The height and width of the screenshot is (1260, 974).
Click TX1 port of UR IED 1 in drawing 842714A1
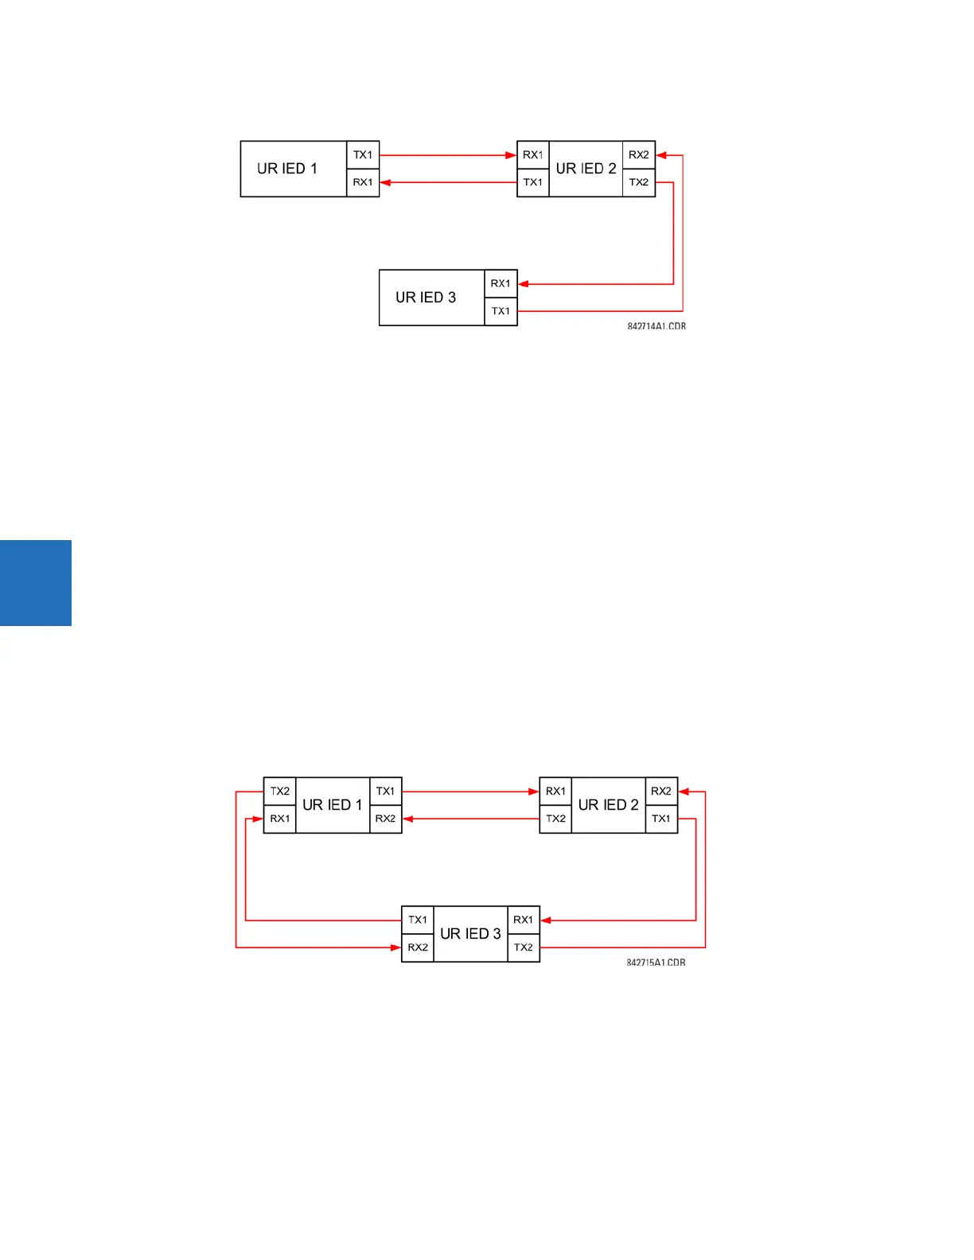[x=363, y=155]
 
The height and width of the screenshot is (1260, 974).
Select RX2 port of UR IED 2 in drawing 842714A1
[x=638, y=155]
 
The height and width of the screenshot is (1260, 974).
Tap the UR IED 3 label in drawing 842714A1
[x=426, y=297]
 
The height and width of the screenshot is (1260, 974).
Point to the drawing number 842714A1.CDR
[x=656, y=326]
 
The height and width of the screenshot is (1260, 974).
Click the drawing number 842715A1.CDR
[x=656, y=962]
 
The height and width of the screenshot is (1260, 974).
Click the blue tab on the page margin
[x=36, y=583]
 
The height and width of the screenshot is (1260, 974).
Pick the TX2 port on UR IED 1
[x=280, y=791]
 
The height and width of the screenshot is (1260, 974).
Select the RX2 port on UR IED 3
[x=418, y=947]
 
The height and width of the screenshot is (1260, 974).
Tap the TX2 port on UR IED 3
[x=523, y=947]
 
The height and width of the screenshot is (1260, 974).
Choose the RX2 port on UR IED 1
[x=385, y=819]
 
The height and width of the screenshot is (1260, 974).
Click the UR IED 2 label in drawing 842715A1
[x=608, y=805]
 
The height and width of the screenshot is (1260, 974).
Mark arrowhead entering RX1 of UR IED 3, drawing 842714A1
[x=524, y=284]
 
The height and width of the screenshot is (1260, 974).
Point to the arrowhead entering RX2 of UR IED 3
[x=395, y=947]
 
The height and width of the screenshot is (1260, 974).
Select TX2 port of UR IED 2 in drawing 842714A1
[x=638, y=182]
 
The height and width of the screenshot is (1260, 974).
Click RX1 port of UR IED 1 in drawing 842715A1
[x=280, y=819]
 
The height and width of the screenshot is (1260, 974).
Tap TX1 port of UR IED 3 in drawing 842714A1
[x=501, y=311]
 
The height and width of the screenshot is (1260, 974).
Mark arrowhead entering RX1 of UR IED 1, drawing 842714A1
[x=386, y=182]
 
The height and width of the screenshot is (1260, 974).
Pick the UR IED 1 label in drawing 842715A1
[x=333, y=805]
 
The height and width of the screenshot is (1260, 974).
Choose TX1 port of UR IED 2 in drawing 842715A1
[x=660, y=819]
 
